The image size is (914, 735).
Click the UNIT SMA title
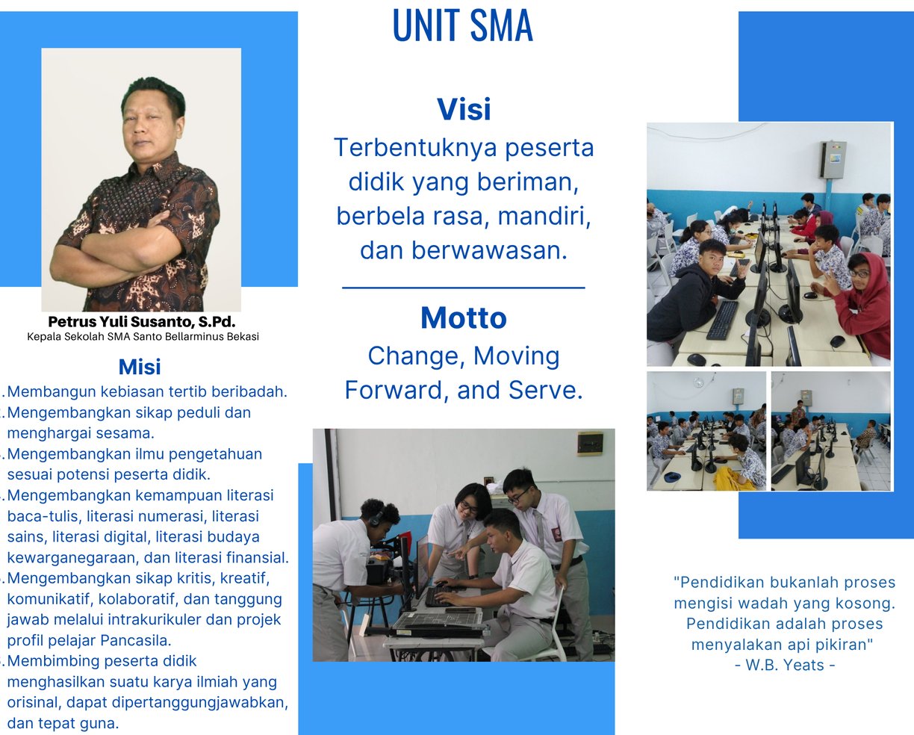(x=463, y=25)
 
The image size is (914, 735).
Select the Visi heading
(x=464, y=109)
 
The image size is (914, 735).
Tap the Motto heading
(x=464, y=317)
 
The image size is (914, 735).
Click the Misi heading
(x=140, y=367)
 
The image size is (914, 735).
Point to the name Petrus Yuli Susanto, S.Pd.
(x=142, y=322)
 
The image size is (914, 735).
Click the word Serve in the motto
(x=545, y=390)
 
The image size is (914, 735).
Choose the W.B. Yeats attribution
(x=785, y=665)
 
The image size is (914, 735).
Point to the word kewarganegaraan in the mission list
(x=72, y=558)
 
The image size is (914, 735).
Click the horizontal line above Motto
(x=464, y=288)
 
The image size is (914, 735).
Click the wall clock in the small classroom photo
(x=698, y=382)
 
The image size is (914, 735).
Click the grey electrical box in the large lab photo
(x=833, y=159)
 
